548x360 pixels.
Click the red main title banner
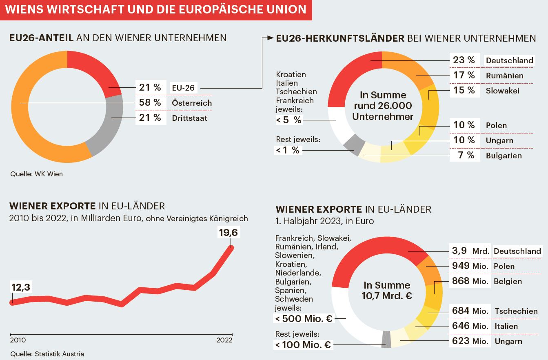[155, 10]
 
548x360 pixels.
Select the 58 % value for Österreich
[150, 103]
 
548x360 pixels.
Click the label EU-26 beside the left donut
[183, 88]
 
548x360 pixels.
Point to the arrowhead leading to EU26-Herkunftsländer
[271, 38]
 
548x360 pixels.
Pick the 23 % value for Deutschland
[464, 60]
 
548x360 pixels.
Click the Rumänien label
[504, 76]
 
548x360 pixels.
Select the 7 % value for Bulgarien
[465, 156]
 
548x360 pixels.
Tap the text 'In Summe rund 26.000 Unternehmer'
[383, 106]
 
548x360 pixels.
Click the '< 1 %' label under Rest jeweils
[288, 150]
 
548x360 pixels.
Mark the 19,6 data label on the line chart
[229, 233]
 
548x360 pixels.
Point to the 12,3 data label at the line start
[21, 287]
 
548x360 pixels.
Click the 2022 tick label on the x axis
[224, 340]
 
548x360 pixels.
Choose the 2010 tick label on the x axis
[18, 340]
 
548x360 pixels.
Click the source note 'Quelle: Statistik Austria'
[47, 354]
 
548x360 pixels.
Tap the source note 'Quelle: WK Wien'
[36, 174]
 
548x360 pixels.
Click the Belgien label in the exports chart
[508, 281]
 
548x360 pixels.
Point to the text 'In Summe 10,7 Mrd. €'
[386, 290]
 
